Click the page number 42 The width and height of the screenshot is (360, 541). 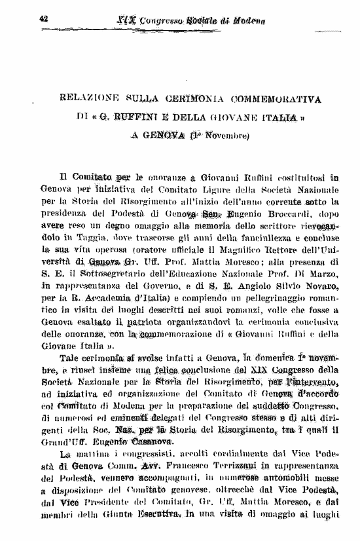coord(45,20)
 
